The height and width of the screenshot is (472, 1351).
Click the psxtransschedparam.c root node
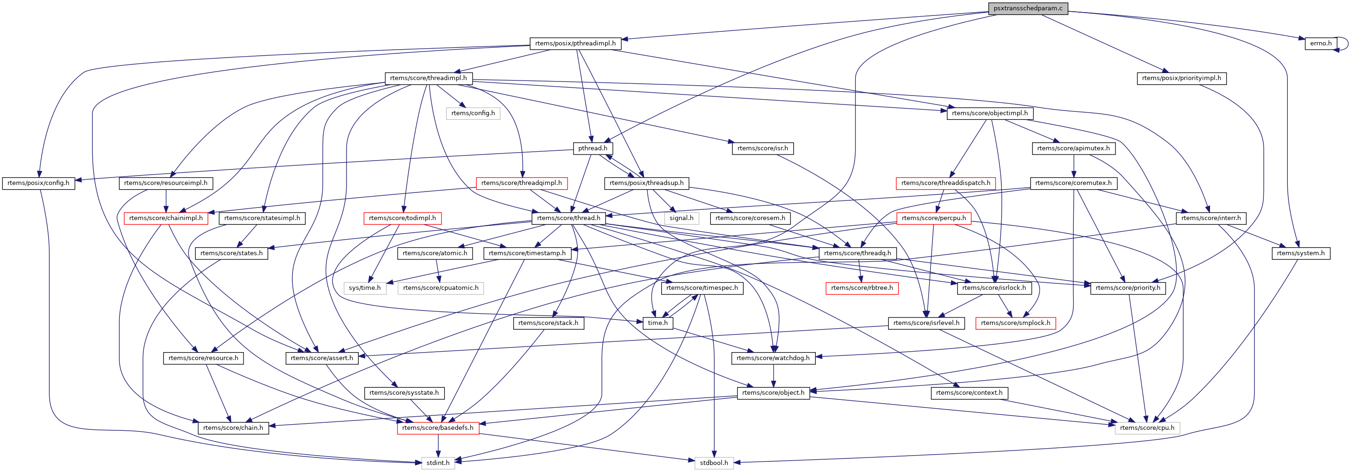coord(1027,8)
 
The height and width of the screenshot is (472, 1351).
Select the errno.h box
coord(1320,44)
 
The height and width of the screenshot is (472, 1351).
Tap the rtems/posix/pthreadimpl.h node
coord(576,44)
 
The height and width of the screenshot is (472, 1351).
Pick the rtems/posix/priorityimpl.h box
coord(1181,78)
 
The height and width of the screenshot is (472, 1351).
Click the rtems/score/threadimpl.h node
coord(428,78)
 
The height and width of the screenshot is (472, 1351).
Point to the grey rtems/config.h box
coord(472,113)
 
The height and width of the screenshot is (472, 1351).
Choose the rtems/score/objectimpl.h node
coord(989,113)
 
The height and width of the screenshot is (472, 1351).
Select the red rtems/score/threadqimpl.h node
coord(521,183)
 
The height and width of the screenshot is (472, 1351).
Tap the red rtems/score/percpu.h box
coord(934,218)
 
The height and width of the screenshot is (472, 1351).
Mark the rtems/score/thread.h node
coord(568,218)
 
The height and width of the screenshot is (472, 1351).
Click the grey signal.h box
coord(681,218)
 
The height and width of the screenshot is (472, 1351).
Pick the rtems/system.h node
coord(1300,253)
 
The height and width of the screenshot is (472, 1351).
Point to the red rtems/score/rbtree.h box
coord(862,288)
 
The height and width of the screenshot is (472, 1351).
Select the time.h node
coord(657,323)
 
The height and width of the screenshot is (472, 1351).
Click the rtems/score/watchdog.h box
coord(773,358)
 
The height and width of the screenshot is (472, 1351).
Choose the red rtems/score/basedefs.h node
coord(437,428)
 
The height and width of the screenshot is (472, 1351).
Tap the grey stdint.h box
coord(437,463)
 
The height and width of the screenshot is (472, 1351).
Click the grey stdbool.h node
coord(713,463)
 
